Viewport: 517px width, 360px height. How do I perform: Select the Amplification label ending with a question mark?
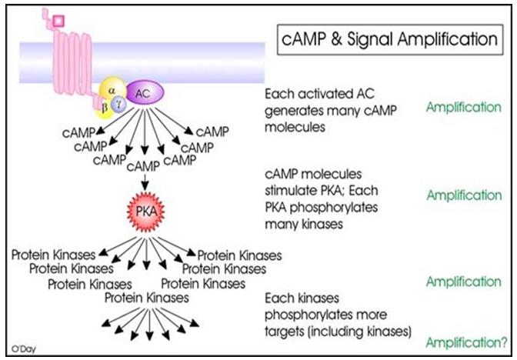coord(467,341)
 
